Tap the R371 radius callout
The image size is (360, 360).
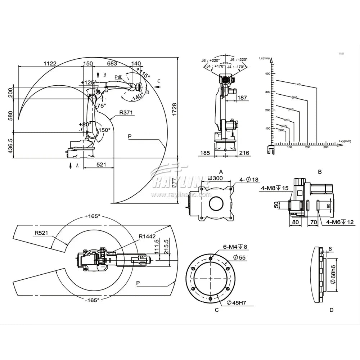[x=126, y=112]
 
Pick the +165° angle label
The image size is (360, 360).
[x=92, y=216]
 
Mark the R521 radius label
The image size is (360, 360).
[x=42, y=233]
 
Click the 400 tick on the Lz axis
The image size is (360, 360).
[x=267, y=73]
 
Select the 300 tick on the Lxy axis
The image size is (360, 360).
[x=326, y=148]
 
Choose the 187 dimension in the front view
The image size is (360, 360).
[x=242, y=98]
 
